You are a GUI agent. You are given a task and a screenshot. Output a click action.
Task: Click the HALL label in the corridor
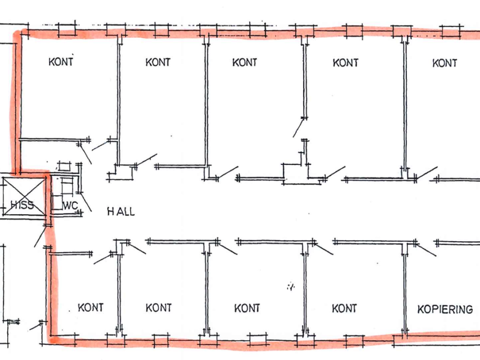tap(121, 211)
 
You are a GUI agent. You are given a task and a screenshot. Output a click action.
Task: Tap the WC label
tap(70, 205)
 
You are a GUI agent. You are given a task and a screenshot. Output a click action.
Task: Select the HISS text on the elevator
tap(22, 205)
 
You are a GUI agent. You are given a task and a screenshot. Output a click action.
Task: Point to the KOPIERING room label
tap(445, 309)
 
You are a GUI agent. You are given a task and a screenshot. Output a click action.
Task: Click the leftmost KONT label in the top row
tap(61, 62)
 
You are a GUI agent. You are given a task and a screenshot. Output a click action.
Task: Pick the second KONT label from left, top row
tap(158, 62)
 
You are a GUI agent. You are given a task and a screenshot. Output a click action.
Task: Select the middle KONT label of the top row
tap(244, 62)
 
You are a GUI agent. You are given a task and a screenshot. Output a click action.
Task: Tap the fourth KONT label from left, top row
tap(346, 63)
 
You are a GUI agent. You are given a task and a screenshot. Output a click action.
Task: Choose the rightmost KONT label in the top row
tap(445, 63)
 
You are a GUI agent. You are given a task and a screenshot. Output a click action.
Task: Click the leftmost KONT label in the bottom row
tap(91, 307)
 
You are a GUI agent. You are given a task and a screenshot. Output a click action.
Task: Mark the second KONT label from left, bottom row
tap(158, 308)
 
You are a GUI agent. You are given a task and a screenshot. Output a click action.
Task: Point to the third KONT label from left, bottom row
tap(247, 308)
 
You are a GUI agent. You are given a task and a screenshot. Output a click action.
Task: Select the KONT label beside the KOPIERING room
tap(344, 308)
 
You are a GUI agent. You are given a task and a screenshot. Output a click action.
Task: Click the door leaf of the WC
tap(86, 202)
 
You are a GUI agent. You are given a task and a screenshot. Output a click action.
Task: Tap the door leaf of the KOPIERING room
tap(426, 250)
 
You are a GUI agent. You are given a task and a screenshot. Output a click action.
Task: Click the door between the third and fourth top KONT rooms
tap(298, 128)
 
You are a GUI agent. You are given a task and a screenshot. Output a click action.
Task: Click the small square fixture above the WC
tap(64, 166)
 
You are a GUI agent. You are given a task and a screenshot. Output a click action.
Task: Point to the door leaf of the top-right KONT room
tap(427, 173)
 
